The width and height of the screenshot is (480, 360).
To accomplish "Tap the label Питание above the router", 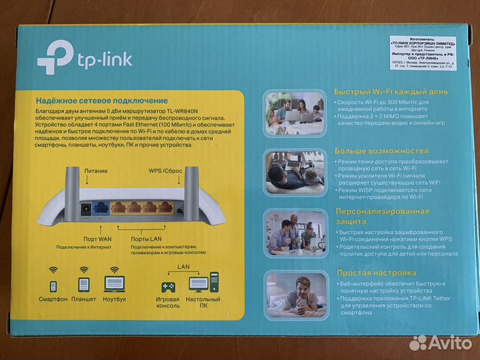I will coord(96,171).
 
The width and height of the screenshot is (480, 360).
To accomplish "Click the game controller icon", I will coord(166,287).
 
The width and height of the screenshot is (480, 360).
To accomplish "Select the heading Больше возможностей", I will coord(371,151).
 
